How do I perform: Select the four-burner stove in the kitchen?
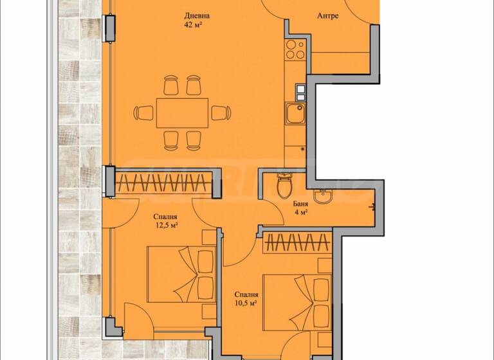pyautogui.click(x=296, y=50)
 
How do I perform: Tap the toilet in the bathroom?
pyautogui.click(x=283, y=186)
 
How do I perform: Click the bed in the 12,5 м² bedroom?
pyautogui.click(x=181, y=270)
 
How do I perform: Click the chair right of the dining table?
pyautogui.click(x=221, y=113)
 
